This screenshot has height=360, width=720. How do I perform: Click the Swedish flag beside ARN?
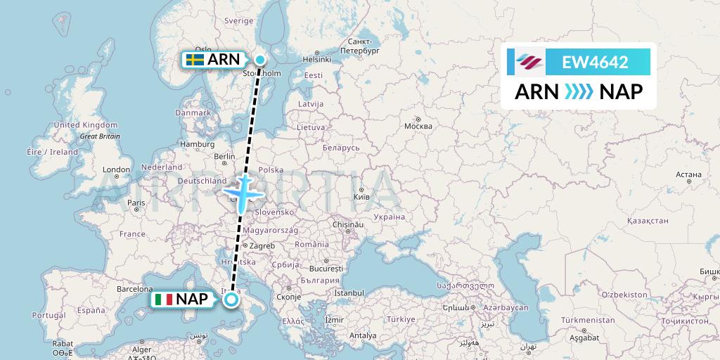195,60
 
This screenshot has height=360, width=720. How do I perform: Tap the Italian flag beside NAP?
164,300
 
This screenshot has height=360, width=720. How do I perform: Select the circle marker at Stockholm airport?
260,60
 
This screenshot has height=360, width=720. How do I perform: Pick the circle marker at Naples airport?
231,300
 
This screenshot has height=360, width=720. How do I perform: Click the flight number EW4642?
595,63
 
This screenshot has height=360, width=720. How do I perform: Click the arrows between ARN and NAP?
579,91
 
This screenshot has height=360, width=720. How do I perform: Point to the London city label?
116,169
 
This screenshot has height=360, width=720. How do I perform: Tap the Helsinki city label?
316,60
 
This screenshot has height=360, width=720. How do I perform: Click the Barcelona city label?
135,288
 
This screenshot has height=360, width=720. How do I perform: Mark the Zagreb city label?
262,246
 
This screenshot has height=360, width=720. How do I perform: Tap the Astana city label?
688,174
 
